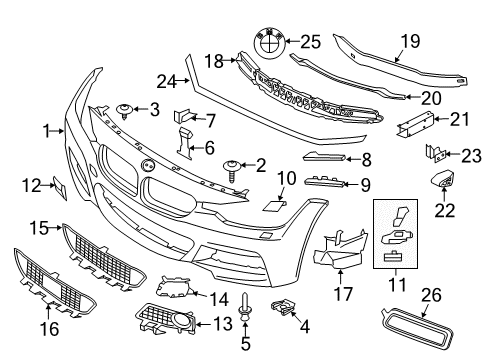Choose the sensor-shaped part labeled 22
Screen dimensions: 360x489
point(440,181)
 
